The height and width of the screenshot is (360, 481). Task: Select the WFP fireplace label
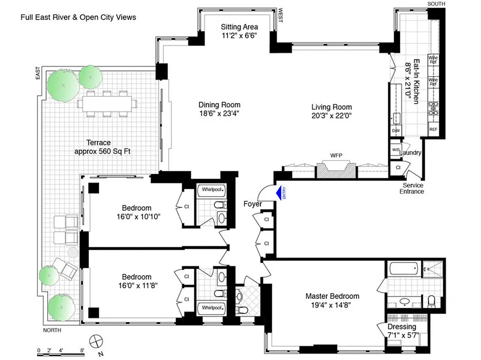click(336, 156)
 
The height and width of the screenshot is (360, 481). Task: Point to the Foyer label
click(252, 204)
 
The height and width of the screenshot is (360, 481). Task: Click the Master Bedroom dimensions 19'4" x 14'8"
click(332, 305)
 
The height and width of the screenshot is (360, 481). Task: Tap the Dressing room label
click(402, 327)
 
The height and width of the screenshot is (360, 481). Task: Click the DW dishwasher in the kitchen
click(396, 130)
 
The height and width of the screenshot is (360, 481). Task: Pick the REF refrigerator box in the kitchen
click(433, 130)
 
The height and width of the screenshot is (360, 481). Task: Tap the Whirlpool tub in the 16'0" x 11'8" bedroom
click(211, 308)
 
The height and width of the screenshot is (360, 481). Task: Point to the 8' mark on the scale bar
click(82, 350)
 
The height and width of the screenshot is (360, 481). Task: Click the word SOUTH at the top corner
click(436, 4)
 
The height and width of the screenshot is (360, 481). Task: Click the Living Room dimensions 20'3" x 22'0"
click(332, 115)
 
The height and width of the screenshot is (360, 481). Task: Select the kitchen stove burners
click(434, 109)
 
